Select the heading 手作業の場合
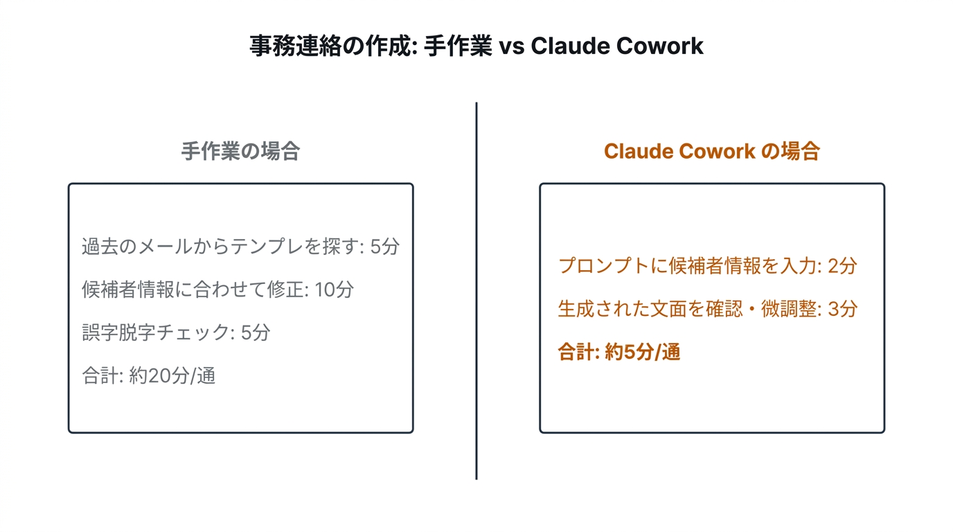(x=240, y=151)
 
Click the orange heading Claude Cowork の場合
(x=711, y=151)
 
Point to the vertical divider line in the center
(x=476, y=291)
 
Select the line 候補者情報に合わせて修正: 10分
(x=217, y=290)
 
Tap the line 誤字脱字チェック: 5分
(x=176, y=332)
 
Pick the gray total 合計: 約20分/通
(x=148, y=376)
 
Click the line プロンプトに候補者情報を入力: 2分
(x=707, y=265)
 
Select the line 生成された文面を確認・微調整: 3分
(x=707, y=309)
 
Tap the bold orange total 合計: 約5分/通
(x=619, y=353)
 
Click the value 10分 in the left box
(x=334, y=290)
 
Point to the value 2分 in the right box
(x=842, y=265)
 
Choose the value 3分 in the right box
(x=842, y=309)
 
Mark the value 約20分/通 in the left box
(x=172, y=376)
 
